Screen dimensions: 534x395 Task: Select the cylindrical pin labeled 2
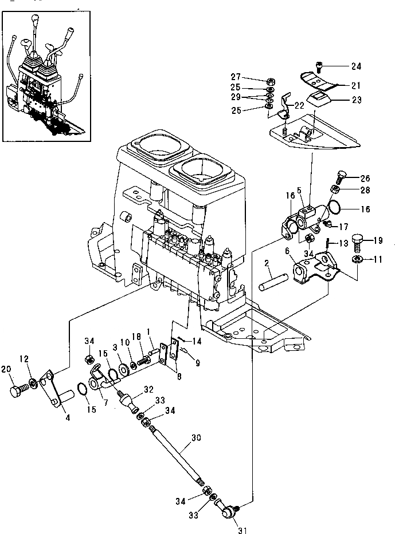click(x=274, y=282)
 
